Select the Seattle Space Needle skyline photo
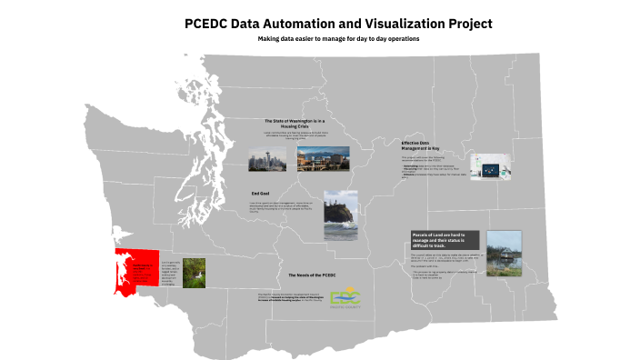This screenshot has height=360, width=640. (266, 159)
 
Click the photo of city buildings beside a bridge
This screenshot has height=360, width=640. (316, 159)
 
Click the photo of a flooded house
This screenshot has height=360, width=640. (504, 253)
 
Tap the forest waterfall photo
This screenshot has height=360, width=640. (195, 273)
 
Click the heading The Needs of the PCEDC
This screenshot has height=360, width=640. (312, 274)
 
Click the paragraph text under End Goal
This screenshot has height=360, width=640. (284, 208)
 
